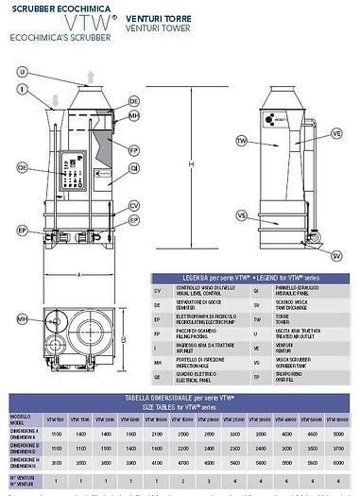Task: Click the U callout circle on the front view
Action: [x=22, y=73]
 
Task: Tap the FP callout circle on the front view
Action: [x=134, y=148]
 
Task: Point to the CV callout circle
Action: [x=134, y=205]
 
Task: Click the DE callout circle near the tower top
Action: [x=133, y=100]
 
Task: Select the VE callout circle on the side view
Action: [x=335, y=134]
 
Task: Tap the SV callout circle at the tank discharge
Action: [x=336, y=255]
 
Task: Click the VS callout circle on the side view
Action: [x=241, y=215]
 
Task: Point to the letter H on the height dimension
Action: [x=193, y=164]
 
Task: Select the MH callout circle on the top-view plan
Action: [x=22, y=320]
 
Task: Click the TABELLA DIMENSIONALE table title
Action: [x=180, y=400]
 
